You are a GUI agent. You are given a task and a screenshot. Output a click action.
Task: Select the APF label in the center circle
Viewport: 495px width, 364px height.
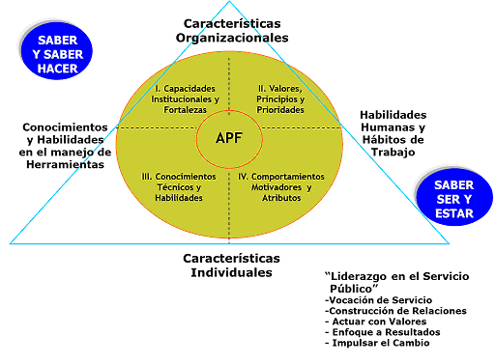[229, 139]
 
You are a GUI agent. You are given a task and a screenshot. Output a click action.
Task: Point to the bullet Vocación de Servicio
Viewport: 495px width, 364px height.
[379, 300]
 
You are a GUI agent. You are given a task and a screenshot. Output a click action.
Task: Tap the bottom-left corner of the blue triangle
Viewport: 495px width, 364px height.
[11, 242]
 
